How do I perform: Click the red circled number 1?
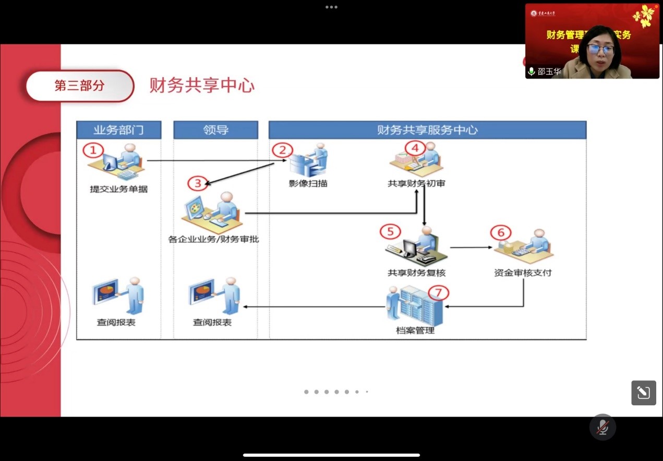point(93,151)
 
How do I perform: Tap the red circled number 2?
point(283,150)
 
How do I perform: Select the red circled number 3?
point(198,183)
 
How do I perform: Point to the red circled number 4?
point(415,148)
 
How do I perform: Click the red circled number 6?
point(501,232)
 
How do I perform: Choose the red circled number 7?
point(438,293)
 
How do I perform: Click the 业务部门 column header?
point(118,130)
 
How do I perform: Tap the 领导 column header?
point(215,130)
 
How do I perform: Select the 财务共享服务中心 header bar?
point(427,130)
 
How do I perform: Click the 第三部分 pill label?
point(80,86)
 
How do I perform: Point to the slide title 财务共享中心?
point(202,85)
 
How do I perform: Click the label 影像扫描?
point(308,183)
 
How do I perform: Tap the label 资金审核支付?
point(523,273)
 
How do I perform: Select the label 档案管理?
point(415,330)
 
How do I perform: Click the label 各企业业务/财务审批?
point(213,239)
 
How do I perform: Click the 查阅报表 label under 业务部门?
point(116,322)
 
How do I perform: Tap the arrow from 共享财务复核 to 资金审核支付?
point(472,247)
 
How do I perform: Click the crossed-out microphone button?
point(602,427)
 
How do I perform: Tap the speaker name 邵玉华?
point(549,72)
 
